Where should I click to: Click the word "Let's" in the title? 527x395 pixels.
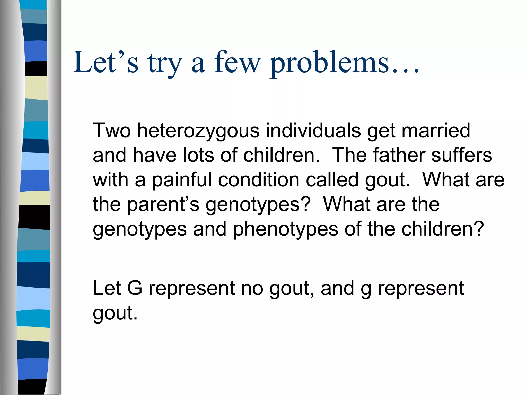coord(106,62)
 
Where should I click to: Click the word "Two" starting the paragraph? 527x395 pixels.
coord(112,131)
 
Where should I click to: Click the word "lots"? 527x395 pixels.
coord(198,155)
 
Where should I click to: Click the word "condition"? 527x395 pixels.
coord(259,180)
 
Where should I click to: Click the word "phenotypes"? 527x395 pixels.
coord(285,229)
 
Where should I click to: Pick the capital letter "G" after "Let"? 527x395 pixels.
coord(135,288)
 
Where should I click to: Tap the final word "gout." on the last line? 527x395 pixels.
coord(115,313)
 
